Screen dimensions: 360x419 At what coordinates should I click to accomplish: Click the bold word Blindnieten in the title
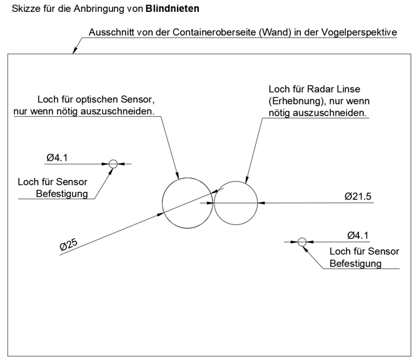(x=173, y=9)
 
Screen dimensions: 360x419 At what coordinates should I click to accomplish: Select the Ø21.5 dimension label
(x=358, y=196)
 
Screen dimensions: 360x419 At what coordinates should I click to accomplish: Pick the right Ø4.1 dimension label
(x=358, y=235)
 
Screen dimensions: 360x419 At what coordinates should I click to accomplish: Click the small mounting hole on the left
(x=113, y=164)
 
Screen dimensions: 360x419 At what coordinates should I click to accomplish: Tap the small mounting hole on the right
(x=302, y=241)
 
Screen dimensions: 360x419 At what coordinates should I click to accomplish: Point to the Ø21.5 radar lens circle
(x=236, y=202)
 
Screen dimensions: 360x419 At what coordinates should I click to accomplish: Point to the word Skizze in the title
(x=18, y=9)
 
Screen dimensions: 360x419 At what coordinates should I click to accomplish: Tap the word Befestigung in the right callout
(x=355, y=264)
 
